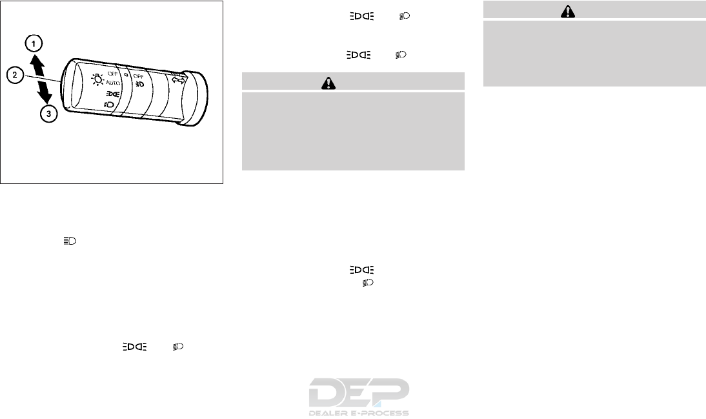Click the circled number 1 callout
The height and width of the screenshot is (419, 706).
tap(34, 44)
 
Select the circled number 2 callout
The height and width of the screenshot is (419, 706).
tap(15, 75)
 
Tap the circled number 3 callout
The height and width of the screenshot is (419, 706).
tap(48, 114)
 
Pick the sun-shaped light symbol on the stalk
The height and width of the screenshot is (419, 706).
tap(97, 79)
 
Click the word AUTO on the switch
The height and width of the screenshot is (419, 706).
tap(113, 83)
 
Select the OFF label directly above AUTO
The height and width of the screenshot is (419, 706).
tap(112, 74)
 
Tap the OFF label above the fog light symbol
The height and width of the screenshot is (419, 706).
tap(138, 76)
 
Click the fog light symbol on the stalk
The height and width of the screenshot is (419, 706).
tap(140, 84)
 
